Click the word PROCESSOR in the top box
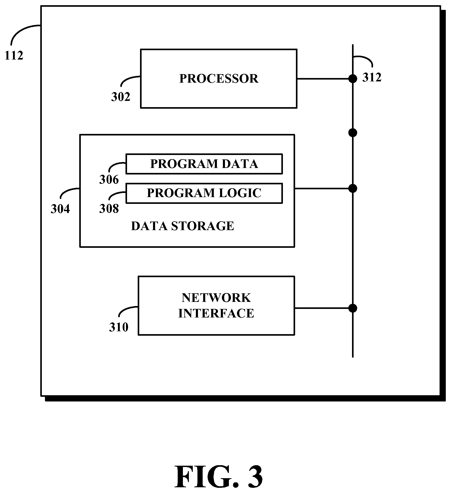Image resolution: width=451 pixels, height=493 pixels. [219, 79]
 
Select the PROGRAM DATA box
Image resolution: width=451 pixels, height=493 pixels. [204, 164]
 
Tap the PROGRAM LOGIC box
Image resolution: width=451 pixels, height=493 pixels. [204, 193]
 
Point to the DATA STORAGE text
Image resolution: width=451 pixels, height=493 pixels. [182, 226]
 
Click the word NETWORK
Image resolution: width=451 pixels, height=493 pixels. [216, 298]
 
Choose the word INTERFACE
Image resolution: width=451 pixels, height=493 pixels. [216, 313]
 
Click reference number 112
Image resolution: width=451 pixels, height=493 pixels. [14, 55]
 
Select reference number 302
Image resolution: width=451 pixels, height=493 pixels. [121, 97]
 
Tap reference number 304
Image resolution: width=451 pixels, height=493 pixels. [60, 209]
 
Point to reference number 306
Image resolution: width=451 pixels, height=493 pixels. [109, 179]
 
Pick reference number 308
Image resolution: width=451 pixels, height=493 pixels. [109, 209]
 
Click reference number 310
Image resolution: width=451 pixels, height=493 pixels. [119, 327]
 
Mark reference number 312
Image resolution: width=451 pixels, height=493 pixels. [372, 77]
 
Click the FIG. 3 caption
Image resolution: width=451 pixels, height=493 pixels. [219, 476]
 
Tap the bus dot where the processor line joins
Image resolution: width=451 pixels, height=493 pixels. [353, 79]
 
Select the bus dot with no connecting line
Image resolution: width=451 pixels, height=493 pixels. [353, 133]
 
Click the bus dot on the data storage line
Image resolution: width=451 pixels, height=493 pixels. [353, 189]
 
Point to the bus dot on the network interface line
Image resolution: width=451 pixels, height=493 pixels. [353, 308]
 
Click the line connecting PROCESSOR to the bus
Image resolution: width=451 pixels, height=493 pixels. [325, 79]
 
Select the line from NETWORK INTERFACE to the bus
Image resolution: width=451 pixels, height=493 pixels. [323, 308]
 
